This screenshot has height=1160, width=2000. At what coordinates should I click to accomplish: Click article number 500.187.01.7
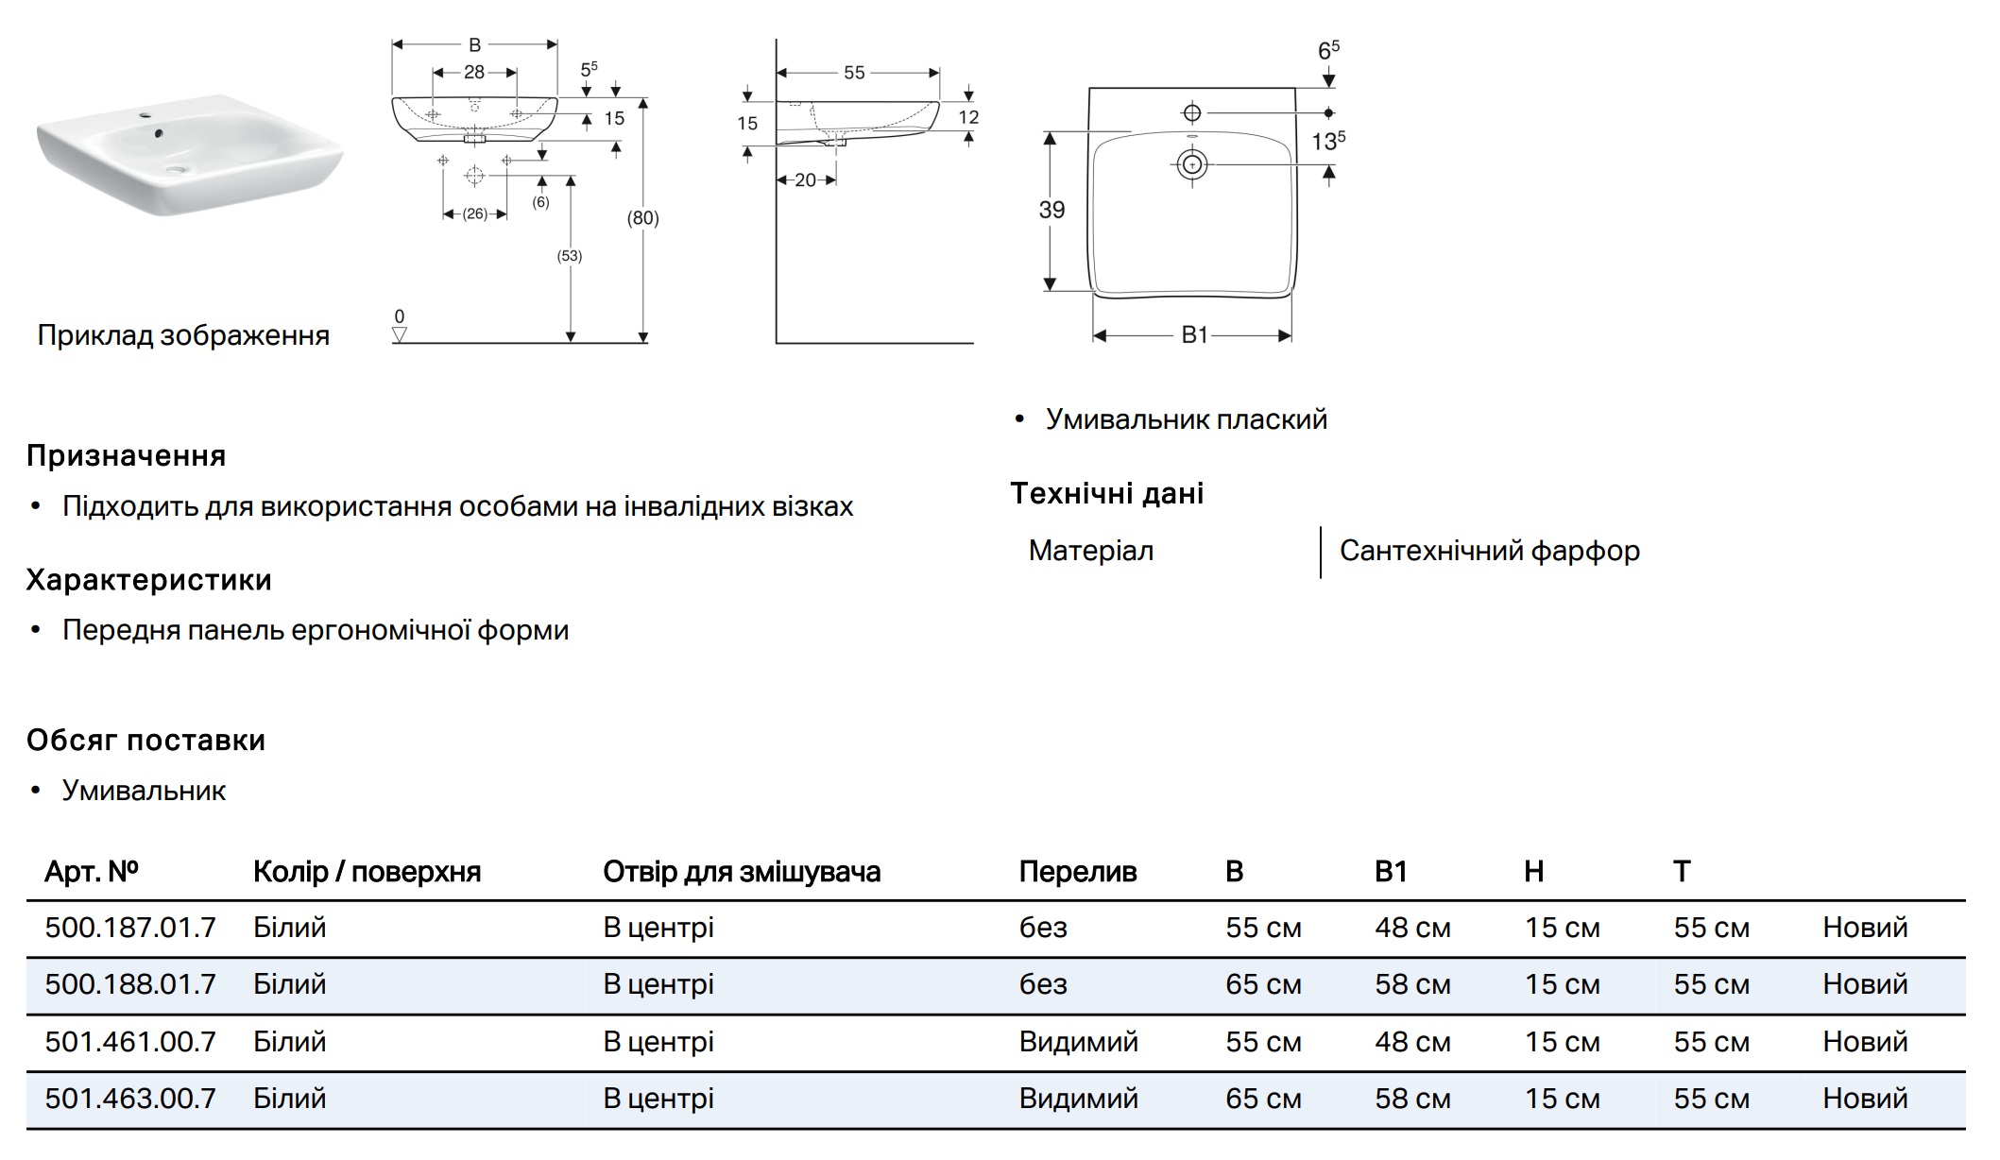[130, 928]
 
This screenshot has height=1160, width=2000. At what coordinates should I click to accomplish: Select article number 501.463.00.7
[130, 1099]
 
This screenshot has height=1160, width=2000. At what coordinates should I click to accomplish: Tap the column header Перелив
[1077, 871]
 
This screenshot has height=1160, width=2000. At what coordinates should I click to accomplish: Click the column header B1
[1391, 871]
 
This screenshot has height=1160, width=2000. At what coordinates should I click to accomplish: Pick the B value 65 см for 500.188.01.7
[1263, 984]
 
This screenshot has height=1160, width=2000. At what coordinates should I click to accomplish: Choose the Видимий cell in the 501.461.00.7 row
[1078, 1042]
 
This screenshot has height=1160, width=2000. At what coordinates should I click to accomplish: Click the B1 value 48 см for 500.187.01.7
[1412, 928]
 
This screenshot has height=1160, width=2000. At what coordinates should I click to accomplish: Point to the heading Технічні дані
[1106, 493]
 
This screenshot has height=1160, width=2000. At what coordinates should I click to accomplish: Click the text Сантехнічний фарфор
[1489, 551]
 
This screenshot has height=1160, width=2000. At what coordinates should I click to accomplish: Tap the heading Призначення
[126, 456]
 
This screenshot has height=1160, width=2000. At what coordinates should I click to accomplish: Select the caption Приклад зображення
[183, 335]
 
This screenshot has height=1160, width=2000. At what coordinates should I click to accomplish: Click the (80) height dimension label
[642, 218]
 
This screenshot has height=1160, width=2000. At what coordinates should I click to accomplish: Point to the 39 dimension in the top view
[1051, 210]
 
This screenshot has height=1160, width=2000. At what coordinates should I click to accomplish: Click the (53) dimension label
[570, 256]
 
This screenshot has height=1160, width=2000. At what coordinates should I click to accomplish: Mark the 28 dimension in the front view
[474, 72]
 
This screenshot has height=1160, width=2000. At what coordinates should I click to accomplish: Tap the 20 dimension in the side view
[805, 179]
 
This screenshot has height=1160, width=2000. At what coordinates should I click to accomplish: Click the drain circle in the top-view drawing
[1192, 165]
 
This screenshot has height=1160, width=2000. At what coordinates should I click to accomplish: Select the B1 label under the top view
[1194, 335]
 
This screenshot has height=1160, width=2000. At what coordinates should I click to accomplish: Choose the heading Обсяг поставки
[145, 741]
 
